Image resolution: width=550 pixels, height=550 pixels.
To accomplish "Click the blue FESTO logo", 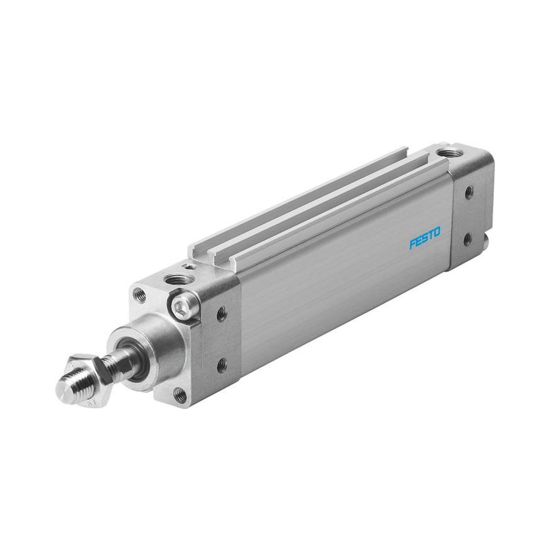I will (425, 234).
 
